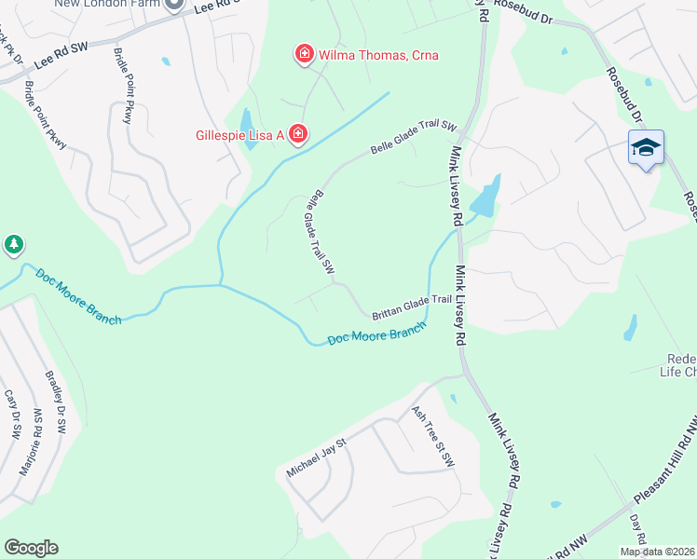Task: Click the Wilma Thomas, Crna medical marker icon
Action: point(304,55)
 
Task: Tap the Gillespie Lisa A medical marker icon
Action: point(297,135)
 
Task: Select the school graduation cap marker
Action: point(646,148)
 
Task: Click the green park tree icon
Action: point(13,245)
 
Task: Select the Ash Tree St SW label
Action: point(433,436)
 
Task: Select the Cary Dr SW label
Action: point(12,415)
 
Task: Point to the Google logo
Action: point(31,548)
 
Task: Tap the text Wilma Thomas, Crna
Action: point(378,55)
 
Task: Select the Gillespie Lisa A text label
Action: point(239,135)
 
